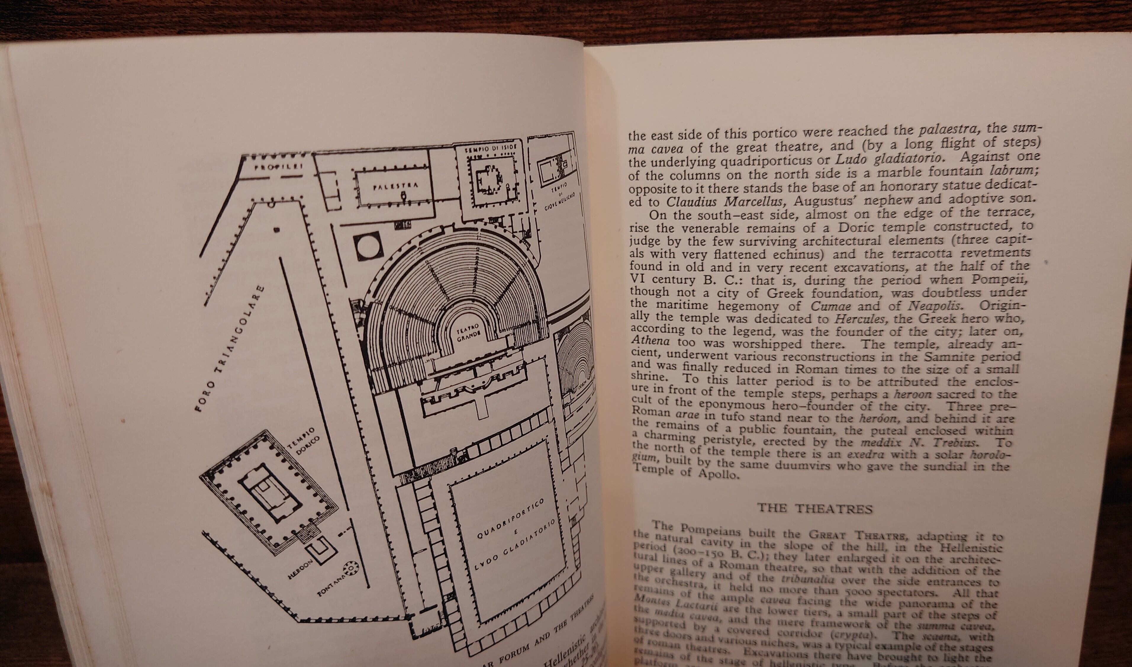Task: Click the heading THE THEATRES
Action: tap(814, 508)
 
